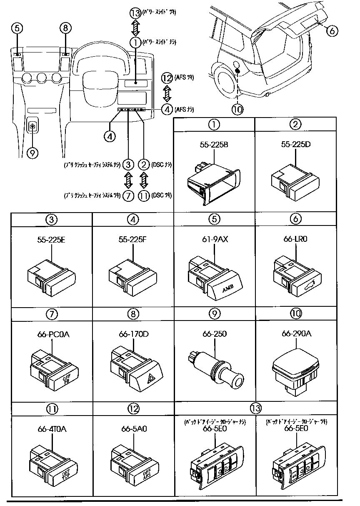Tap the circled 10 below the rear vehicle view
click(x=237, y=109)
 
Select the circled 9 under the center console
click(x=32, y=153)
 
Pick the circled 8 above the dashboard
click(x=65, y=28)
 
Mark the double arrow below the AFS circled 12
click(x=167, y=93)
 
